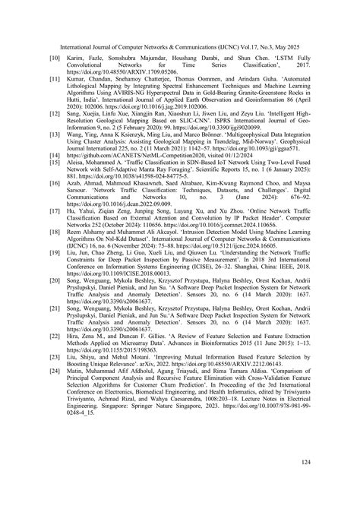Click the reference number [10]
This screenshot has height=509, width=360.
55,57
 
